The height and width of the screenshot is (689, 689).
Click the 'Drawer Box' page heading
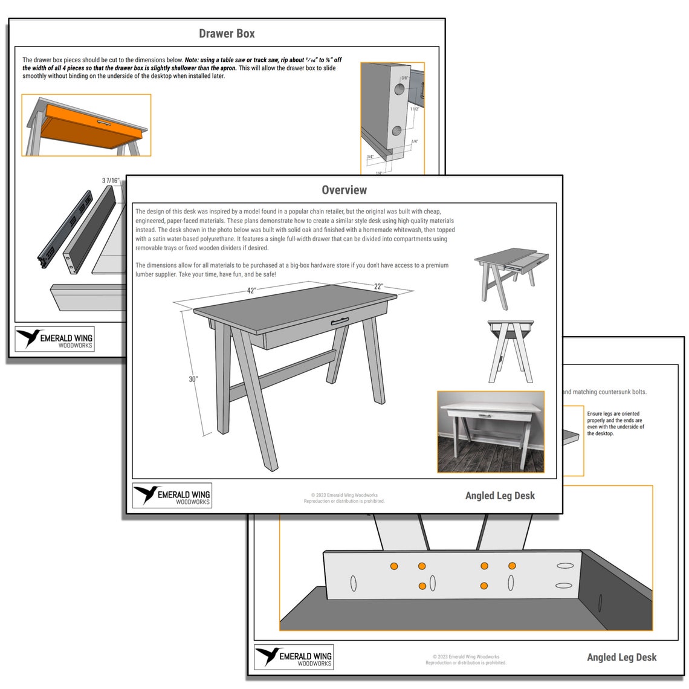point(227,34)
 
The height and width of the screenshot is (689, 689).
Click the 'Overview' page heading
point(344,190)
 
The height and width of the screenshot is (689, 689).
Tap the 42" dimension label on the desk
point(251,290)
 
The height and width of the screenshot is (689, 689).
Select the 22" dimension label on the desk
point(378,286)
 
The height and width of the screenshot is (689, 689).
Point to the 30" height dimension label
point(193,379)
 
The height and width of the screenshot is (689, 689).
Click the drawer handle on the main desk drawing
point(340,321)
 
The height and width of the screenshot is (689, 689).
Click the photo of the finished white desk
point(490,432)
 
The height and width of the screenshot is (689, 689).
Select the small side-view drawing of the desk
point(511,351)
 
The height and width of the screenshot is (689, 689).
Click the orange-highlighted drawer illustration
point(86,125)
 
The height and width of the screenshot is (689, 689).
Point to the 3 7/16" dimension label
point(111,180)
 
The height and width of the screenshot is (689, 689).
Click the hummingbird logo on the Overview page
point(147,494)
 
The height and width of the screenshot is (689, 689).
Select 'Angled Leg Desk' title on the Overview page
point(500,496)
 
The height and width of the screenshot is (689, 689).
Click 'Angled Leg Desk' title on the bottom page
point(621,657)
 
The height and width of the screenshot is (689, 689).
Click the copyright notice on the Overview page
point(344,498)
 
